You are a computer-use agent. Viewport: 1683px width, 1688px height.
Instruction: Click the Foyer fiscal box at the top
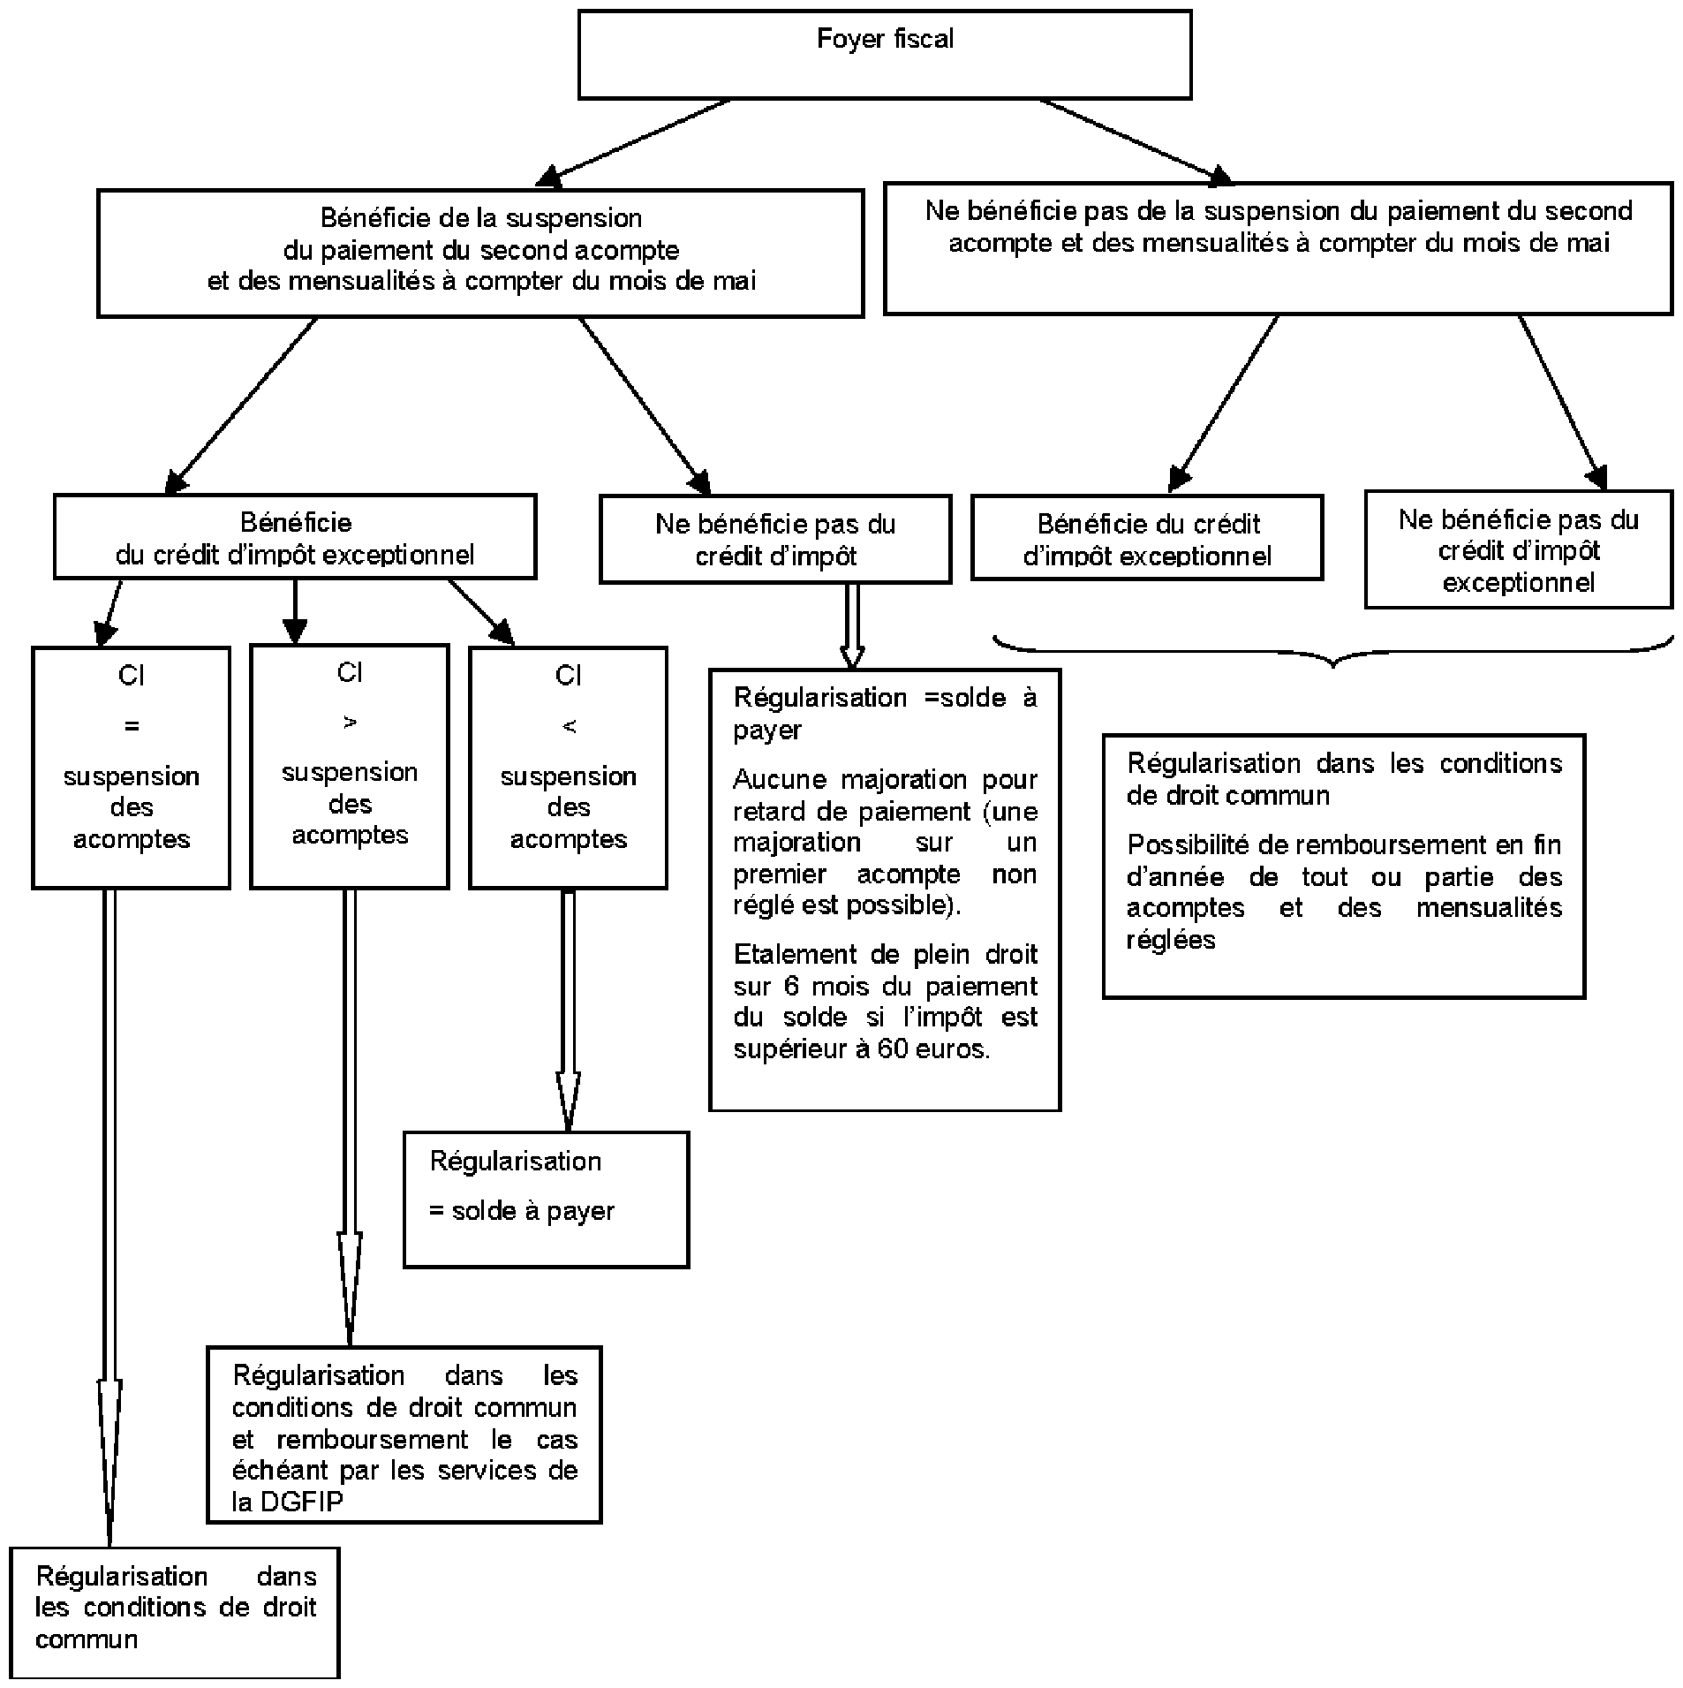click(x=884, y=54)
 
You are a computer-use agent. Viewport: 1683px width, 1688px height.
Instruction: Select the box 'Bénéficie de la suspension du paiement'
click(x=480, y=253)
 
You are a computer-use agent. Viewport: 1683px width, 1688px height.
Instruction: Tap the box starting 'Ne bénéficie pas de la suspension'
click(x=1278, y=248)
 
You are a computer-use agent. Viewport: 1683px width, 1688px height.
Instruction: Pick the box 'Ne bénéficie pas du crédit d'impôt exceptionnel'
click(x=1518, y=549)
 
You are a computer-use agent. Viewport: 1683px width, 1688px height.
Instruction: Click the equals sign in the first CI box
click(x=132, y=726)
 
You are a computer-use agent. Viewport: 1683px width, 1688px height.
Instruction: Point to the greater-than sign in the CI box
click(x=350, y=723)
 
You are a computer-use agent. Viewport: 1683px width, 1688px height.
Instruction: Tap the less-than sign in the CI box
click(x=569, y=726)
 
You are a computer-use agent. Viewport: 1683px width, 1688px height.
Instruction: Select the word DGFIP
click(x=301, y=1501)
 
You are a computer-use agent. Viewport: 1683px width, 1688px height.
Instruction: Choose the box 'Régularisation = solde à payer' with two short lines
click(x=546, y=1200)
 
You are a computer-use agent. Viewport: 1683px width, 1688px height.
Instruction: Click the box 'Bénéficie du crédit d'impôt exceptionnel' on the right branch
click(x=1147, y=537)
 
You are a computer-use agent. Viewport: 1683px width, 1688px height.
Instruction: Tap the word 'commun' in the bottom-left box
click(x=87, y=1639)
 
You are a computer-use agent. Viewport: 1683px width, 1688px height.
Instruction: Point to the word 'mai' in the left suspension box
click(x=738, y=281)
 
